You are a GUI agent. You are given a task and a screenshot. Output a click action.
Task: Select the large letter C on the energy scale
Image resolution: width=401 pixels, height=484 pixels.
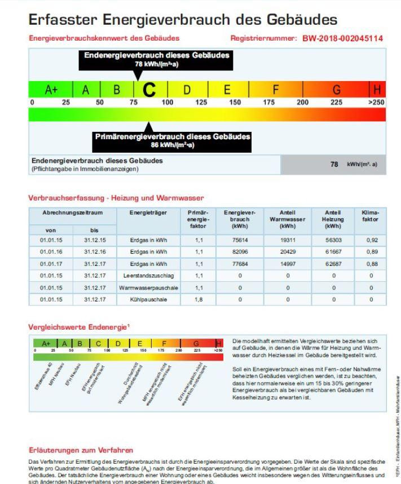point(149,90)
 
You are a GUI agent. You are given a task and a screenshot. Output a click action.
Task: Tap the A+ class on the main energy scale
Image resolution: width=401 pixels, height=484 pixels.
point(52,90)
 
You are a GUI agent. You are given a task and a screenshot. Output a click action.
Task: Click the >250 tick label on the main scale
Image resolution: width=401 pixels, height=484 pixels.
point(376,102)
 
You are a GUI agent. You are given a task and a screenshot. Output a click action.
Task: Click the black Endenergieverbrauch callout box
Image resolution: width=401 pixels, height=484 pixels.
point(156,59)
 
